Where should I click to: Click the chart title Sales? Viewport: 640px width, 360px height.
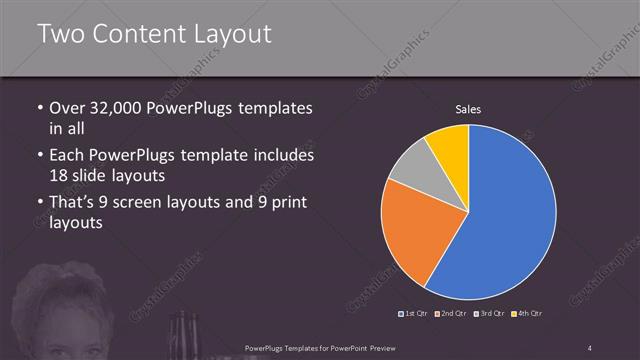point(468,108)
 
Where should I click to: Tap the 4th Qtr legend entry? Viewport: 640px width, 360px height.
point(527,314)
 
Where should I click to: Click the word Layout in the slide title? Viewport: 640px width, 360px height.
point(231,35)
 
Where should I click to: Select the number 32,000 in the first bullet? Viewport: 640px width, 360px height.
point(117,108)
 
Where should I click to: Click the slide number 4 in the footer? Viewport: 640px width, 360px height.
point(590,347)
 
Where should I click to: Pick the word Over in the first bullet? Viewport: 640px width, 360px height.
point(67,108)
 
